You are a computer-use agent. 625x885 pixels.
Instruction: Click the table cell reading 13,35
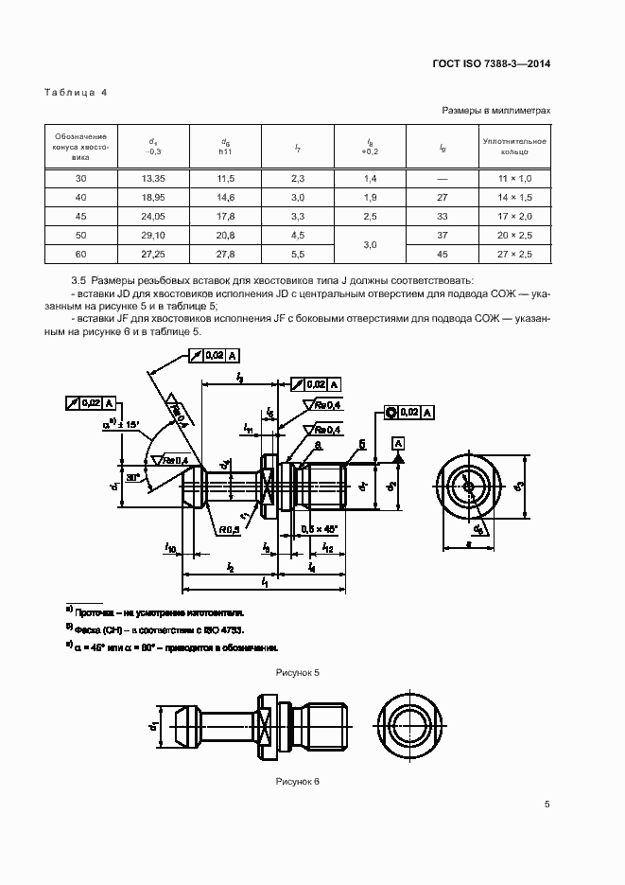(153, 178)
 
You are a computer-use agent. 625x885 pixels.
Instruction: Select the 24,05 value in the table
(153, 215)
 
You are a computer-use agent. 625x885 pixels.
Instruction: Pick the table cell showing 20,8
(225, 234)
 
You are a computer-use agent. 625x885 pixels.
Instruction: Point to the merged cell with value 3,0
(370, 243)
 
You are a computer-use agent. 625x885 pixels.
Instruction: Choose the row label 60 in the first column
(80, 253)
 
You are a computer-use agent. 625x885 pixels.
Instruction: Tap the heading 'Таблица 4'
(77, 92)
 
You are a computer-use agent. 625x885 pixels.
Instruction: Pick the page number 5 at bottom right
(547, 805)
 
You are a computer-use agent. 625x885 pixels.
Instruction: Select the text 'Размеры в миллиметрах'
(496, 111)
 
